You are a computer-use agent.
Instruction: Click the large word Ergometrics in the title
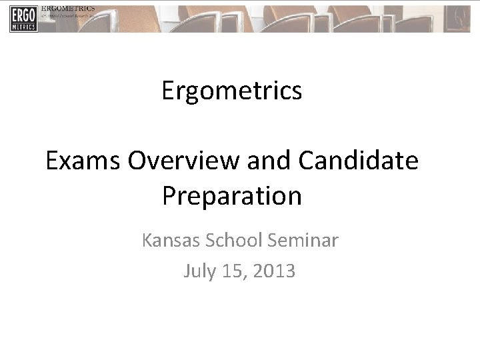click(231, 91)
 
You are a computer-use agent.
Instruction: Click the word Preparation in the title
click(231, 196)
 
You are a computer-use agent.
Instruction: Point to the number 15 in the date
click(230, 271)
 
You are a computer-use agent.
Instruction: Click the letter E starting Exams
click(52, 162)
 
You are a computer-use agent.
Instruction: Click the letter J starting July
click(185, 271)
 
